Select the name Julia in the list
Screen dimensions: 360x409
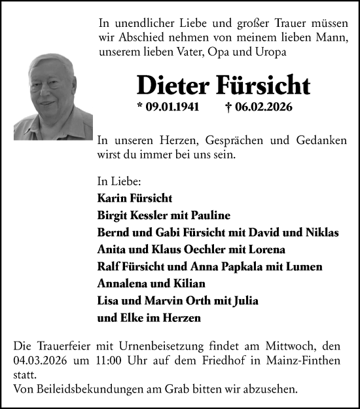coord(244,301)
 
